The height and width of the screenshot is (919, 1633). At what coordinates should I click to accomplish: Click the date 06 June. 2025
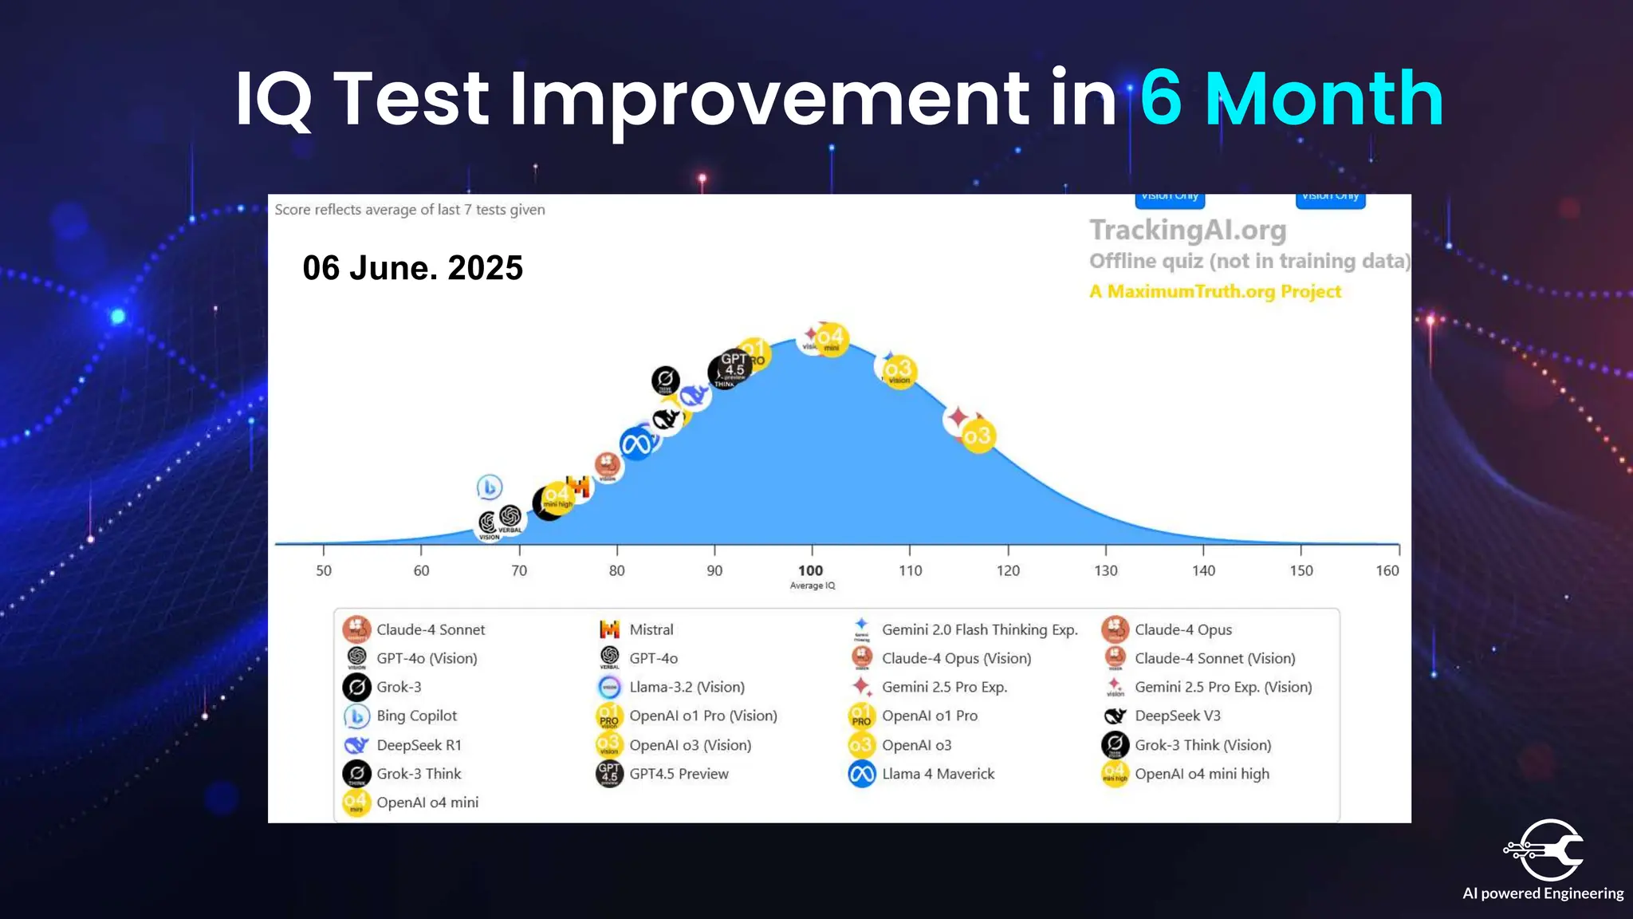tap(412, 268)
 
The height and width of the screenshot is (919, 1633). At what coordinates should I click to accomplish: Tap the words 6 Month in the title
tap(1291, 99)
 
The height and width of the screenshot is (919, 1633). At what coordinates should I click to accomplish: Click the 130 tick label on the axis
tap(1105, 570)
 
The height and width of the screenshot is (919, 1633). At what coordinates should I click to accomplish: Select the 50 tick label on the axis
tap(324, 570)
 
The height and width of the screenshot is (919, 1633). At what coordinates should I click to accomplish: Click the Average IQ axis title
tap(812, 586)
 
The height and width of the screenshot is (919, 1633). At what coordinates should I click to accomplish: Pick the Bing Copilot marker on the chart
tap(490, 487)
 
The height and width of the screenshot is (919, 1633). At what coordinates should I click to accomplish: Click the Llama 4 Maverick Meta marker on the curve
tap(636, 444)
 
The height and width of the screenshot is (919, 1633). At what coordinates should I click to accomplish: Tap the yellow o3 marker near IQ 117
tap(978, 436)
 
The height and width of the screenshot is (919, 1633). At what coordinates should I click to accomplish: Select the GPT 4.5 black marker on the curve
tap(730, 369)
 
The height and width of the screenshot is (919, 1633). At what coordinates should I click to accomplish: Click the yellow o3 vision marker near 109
tap(899, 370)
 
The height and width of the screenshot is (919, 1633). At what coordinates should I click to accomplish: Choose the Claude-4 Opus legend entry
tap(1182, 629)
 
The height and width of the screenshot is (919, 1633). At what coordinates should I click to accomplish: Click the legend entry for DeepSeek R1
tap(419, 745)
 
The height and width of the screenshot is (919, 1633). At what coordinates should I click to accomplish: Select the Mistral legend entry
tap(651, 629)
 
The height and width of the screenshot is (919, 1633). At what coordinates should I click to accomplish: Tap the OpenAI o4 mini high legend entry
tap(1201, 774)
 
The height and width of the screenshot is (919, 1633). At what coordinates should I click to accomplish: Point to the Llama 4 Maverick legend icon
tap(862, 774)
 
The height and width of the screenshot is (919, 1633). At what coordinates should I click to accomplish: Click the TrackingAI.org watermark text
tap(1187, 231)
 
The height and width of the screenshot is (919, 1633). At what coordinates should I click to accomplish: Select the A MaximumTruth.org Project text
tap(1215, 292)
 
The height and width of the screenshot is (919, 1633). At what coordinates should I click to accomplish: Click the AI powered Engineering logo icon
tap(1544, 850)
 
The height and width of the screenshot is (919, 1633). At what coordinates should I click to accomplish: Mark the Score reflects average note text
tap(410, 210)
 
